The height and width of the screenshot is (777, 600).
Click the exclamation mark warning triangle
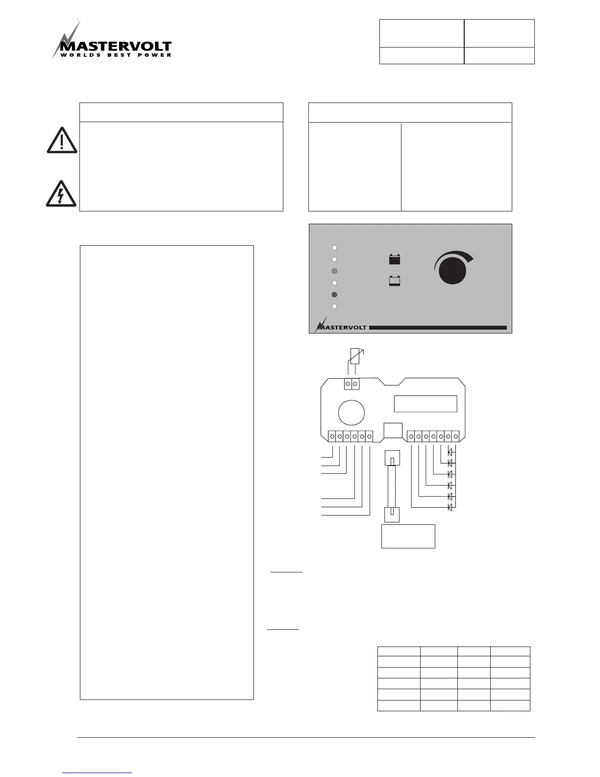pyautogui.click(x=61, y=141)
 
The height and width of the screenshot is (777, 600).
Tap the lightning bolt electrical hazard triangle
pyautogui.click(x=61, y=194)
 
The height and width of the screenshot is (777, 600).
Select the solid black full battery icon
pyautogui.click(x=395, y=259)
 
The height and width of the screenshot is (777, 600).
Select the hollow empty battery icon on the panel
pyautogui.click(x=395, y=282)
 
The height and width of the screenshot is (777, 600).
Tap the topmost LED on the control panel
pyautogui.click(x=334, y=247)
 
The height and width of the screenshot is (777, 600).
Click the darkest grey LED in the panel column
pyautogui.click(x=334, y=295)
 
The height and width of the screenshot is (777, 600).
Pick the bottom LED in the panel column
pyautogui.click(x=334, y=307)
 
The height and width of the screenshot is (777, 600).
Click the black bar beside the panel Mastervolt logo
pyautogui.click(x=437, y=328)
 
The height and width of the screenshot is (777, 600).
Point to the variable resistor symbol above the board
pyautogui.click(x=355, y=357)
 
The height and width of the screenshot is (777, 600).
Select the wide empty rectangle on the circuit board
pyautogui.click(x=425, y=404)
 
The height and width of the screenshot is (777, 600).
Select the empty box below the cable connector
pyautogui.click(x=408, y=536)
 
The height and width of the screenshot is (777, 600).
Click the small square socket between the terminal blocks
pyautogui.click(x=393, y=430)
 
